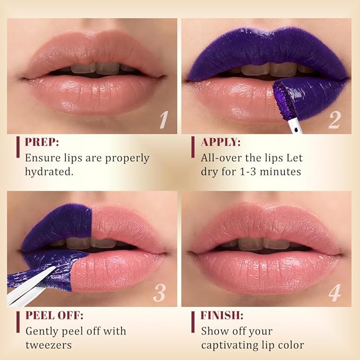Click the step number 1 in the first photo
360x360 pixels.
pos(164,120)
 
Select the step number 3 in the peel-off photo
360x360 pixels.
pos(160,293)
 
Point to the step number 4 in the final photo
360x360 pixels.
pos(334,293)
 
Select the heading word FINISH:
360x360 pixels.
pos(222,315)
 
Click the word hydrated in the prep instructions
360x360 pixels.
pos(48,172)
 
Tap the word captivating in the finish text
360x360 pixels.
pos(231,345)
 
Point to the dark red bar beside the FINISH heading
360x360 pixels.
pos(193,321)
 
